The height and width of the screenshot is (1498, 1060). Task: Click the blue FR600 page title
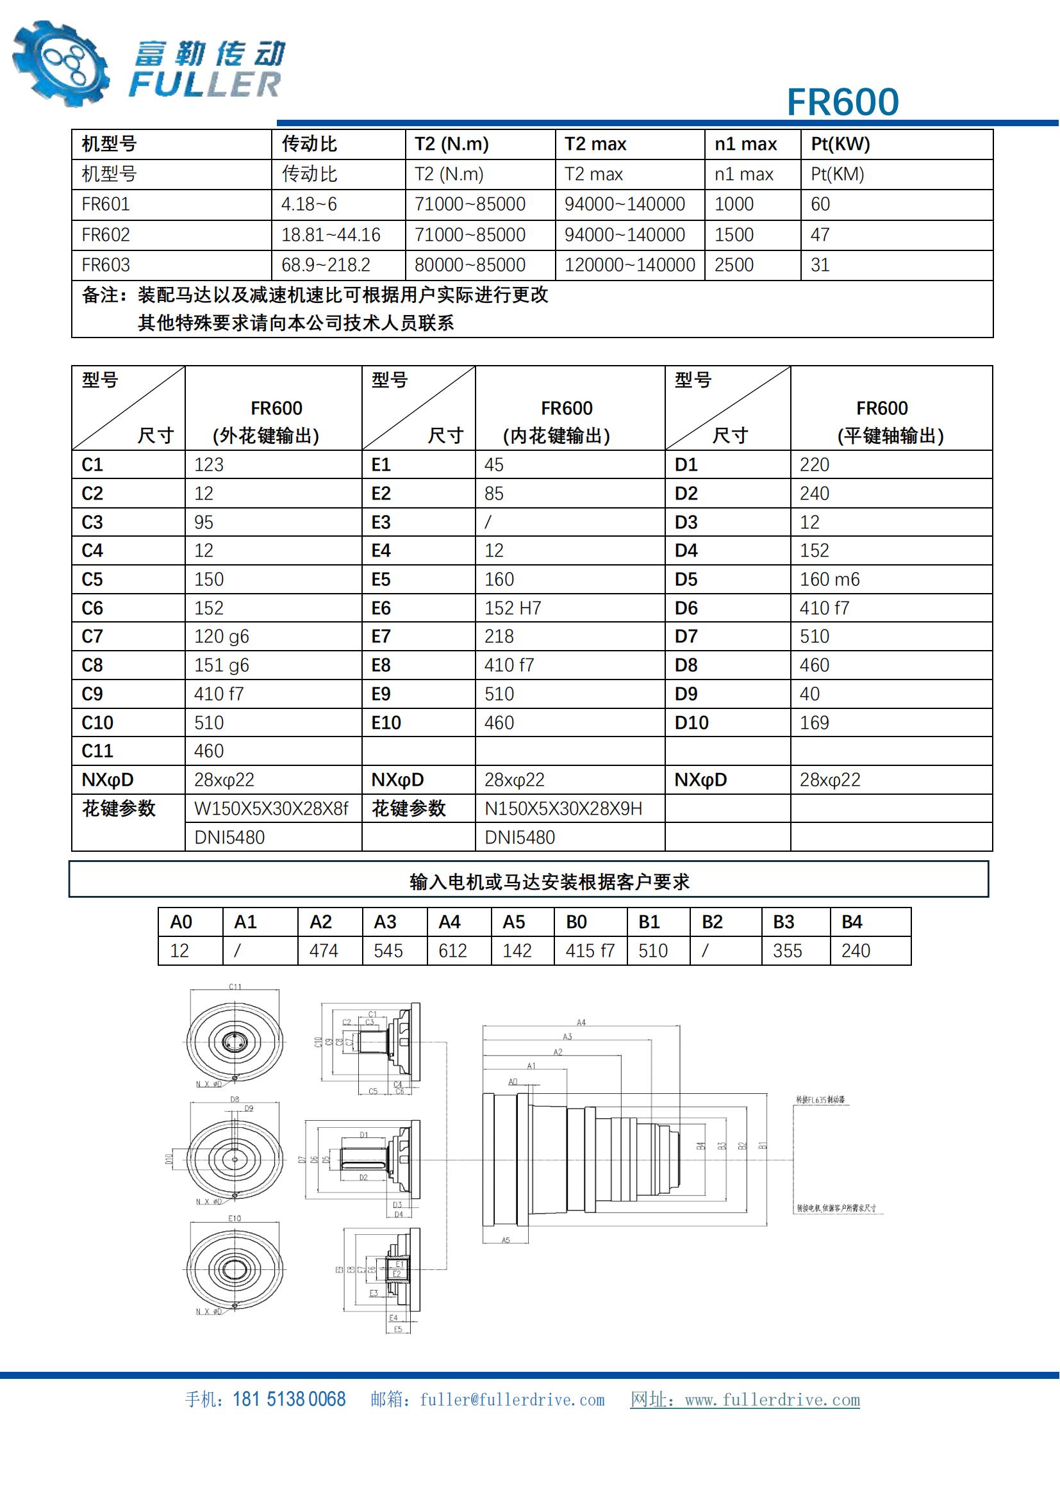842,102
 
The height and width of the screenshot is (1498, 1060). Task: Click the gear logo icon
60,63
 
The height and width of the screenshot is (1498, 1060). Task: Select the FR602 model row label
106,235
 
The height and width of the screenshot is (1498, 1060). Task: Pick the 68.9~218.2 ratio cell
326,265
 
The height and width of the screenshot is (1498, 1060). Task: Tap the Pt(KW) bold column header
840,144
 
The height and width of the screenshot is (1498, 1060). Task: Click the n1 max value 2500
734,265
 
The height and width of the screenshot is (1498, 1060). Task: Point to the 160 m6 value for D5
829,580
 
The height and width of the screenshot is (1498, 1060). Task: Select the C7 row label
92,636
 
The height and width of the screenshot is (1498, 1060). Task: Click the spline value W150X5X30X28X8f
272,809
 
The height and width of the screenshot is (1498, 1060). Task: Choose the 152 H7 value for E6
513,608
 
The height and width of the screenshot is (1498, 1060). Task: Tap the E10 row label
386,723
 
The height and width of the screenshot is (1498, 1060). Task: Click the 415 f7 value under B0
590,950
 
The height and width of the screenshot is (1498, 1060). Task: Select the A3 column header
385,922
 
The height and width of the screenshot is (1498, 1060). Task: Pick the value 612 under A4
452,950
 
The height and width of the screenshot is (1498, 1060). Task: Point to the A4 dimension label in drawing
581,1022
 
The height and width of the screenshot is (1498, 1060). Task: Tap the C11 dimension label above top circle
235,986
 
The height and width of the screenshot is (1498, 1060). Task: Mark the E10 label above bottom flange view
235,1218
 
